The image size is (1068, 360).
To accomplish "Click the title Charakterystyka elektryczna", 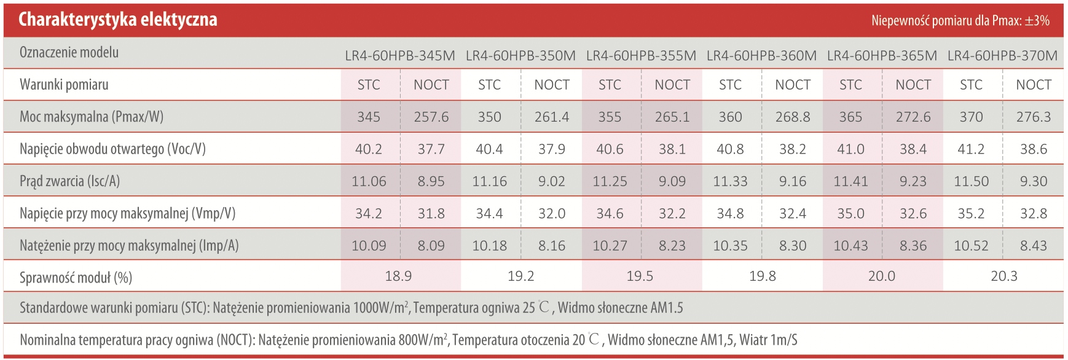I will click(x=117, y=20).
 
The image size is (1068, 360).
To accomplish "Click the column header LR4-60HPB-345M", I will click(x=400, y=56).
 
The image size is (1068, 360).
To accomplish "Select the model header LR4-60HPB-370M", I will click(x=1002, y=56).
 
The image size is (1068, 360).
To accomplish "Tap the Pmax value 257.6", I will click(x=431, y=117).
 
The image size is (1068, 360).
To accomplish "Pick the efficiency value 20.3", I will click(x=1003, y=276).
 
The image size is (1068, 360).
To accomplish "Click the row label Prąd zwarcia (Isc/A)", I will click(x=69, y=181).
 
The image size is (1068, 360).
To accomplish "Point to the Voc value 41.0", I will click(x=850, y=149).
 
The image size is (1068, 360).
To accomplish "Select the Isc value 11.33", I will click(x=730, y=181).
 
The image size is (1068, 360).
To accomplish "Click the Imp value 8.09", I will click(x=431, y=246).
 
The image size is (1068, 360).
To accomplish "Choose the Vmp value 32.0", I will click(x=551, y=214).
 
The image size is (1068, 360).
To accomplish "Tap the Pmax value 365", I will click(x=850, y=117).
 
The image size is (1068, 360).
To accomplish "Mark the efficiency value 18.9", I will click(x=398, y=276).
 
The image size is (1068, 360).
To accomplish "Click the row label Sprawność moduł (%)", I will click(x=76, y=278).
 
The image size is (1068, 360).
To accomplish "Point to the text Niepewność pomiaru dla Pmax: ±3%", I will click(x=960, y=21).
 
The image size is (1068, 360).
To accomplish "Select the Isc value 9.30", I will click(x=1033, y=181).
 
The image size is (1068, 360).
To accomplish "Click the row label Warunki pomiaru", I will click(x=64, y=85).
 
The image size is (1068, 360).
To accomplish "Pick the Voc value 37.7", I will click(x=431, y=149).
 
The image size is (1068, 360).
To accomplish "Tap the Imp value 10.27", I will click(x=610, y=246).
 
